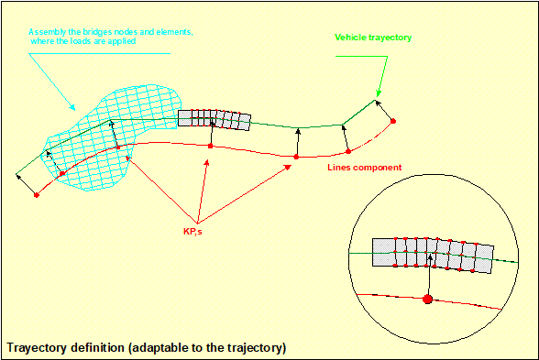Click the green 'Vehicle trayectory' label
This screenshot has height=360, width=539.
click(x=373, y=38)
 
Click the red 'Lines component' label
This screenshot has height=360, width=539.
click(x=365, y=168)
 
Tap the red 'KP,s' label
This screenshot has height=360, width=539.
click(x=192, y=232)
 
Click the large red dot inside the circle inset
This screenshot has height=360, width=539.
click(x=427, y=299)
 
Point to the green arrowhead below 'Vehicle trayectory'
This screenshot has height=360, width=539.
click(x=378, y=93)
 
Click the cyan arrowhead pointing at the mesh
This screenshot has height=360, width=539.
click(x=71, y=107)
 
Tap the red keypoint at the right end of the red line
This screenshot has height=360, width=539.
click(x=393, y=121)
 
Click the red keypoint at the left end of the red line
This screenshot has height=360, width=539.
click(x=37, y=195)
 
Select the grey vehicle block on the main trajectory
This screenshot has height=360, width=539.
click(x=214, y=120)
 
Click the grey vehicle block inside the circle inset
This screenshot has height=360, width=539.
click(x=433, y=256)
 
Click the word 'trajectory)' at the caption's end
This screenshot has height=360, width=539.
click(x=257, y=348)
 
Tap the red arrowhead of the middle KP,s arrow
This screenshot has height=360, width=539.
click(x=206, y=162)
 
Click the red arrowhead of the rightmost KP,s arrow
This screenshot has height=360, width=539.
click(x=288, y=168)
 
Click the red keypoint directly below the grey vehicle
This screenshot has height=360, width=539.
click(x=211, y=146)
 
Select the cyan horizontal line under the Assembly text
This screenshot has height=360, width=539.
click(x=99, y=53)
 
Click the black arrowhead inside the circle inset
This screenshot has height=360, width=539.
click(x=430, y=256)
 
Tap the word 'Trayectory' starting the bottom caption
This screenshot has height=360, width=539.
click(x=37, y=348)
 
